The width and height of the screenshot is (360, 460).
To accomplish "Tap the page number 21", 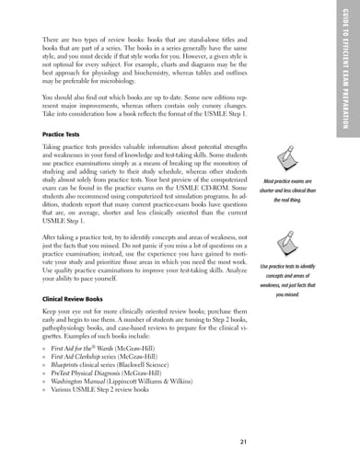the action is (x=242, y=441).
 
